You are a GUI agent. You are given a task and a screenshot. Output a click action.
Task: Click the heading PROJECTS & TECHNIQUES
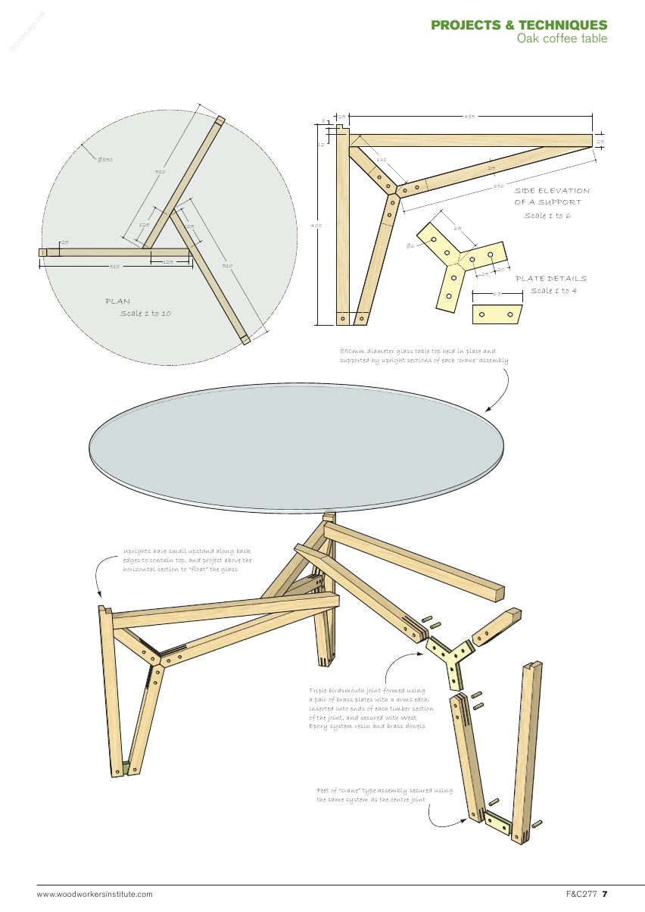[x=519, y=25]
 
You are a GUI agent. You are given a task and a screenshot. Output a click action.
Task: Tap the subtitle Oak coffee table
[x=562, y=39]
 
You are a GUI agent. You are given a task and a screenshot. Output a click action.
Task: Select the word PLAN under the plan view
[x=118, y=301]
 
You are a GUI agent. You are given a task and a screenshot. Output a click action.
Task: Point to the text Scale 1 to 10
[x=145, y=314]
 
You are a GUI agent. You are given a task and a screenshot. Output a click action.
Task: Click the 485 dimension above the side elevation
[x=469, y=116]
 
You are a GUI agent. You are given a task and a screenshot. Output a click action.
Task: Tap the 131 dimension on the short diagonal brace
[x=381, y=160]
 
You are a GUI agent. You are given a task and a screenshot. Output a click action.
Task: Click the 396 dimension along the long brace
[x=498, y=186]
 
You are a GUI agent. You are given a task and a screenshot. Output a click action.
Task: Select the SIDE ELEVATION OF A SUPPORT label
[x=552, y=196]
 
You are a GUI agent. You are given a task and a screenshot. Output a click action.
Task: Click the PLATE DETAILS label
[x=550, y=279]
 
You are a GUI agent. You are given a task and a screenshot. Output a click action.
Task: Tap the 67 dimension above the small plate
[x=497, y=292]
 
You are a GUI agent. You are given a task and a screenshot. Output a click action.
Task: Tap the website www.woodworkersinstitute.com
[x=95, y=895]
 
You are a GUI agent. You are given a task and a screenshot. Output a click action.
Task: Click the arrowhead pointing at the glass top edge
[x=489, y=410]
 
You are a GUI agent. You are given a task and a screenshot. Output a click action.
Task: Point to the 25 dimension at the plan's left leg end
[x=64, y=242]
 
